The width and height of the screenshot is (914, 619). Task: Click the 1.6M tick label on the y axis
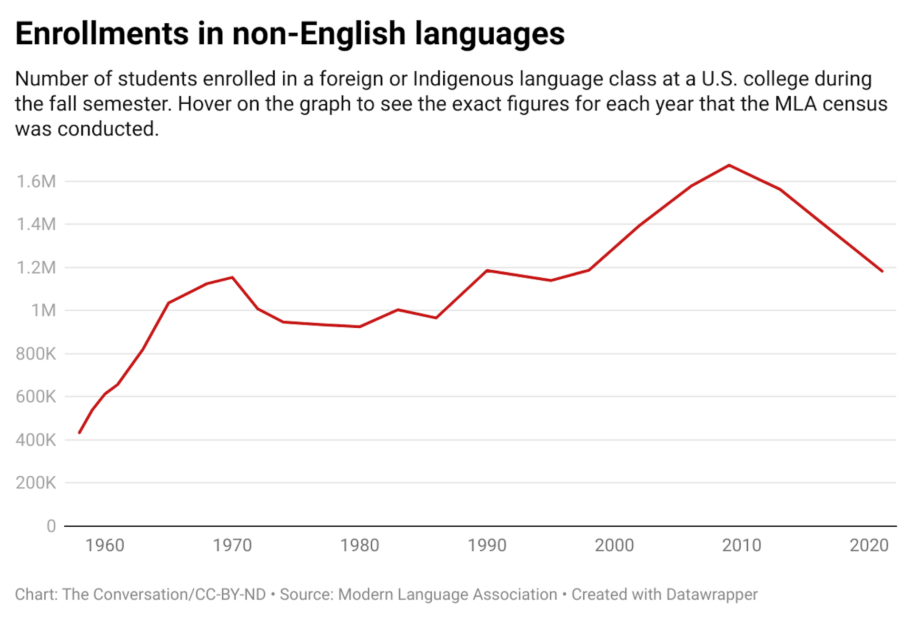[x=36, y=181]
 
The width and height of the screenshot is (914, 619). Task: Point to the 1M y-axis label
[x=43, y=310]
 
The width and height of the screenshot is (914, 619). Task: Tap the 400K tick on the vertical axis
[x=36, y=440]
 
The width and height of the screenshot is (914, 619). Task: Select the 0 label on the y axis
[x=51, y=526]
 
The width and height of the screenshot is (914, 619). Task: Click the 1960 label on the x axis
[x=105, y=545]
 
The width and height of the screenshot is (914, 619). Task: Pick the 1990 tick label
[x=487, y=545]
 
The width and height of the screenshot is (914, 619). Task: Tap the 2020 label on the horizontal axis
[x=869, y=545]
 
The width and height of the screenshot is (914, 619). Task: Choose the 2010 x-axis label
[x=742, y=545]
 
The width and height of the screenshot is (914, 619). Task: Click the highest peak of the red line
[x=729, y=165]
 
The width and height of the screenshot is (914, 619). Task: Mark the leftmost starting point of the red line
[x=79, y=432]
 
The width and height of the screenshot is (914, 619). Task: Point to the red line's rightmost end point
[x=882, y=271]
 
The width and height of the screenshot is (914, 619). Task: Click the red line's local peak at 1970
[x=232, y=277]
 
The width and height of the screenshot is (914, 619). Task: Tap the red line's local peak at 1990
[x=487, y=271]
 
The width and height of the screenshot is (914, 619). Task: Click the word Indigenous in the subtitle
[x=463, y=79]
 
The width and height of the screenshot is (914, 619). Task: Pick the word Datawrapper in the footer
[x=712, y=594]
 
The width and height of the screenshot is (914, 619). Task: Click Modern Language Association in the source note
[x=447, y=594]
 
